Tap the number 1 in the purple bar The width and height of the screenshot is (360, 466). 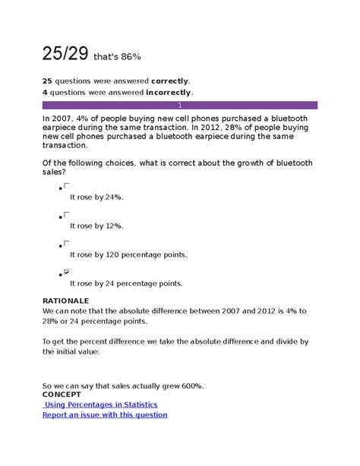pos(179,105)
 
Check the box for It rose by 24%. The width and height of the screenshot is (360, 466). pos(68,185)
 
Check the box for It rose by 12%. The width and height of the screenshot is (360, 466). pos(68,214)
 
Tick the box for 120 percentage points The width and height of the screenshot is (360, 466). pos(68,243)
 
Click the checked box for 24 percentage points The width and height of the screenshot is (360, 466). pos(68,272)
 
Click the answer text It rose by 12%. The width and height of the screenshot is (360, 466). pos(96,226)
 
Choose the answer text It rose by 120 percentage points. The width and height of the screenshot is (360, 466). pos(128,255)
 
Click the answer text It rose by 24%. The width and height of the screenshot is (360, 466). pos(96,197)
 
